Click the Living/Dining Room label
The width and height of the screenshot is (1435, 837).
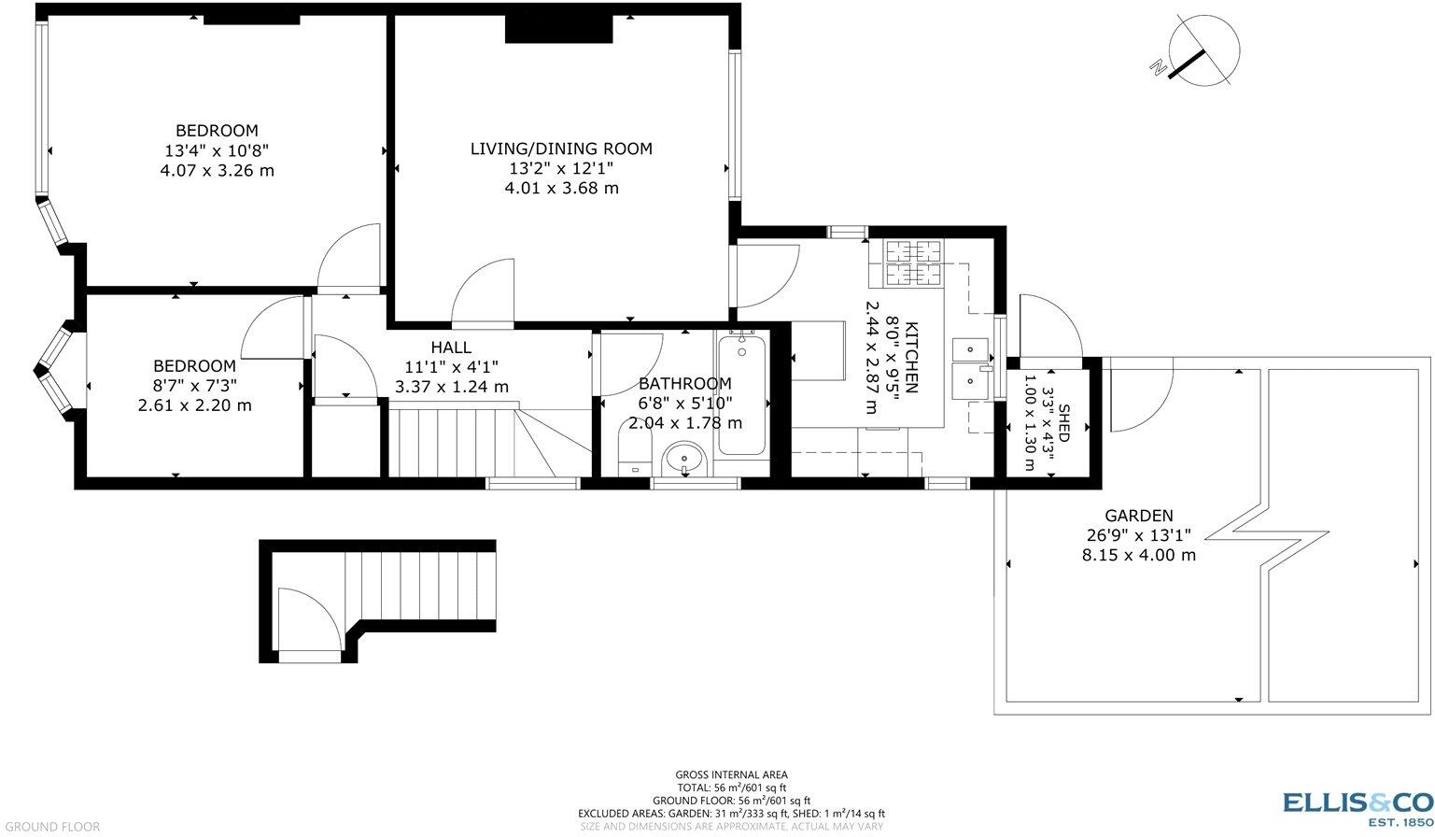point(560,149)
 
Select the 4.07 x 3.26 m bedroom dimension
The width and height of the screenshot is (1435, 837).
point(218,170)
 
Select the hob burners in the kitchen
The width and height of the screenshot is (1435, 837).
point(913,262)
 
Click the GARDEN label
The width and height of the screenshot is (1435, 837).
point(1138,515)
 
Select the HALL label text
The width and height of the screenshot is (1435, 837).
point(451,348)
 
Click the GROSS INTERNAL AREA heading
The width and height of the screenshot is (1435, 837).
point(731,774)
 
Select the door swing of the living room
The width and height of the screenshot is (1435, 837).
point(485,293)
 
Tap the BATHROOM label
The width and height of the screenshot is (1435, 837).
point(684,383)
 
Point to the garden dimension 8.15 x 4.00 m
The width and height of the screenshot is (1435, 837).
point(1138,554)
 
